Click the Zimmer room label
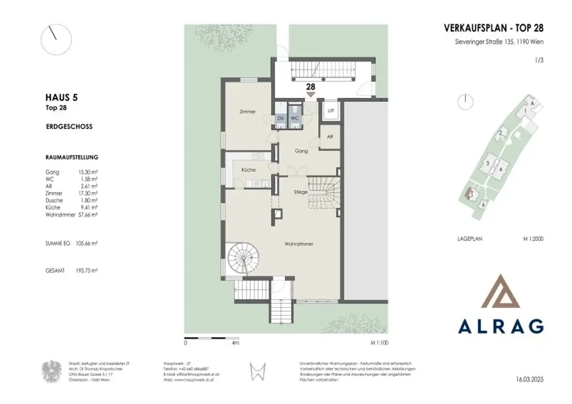tap(247, 112)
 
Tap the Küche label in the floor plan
tap(249, 170)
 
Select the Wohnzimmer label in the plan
tap(298, 244)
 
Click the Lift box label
tap(331, 110)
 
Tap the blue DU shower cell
tap(280, 118)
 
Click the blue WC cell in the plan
tap(294, 118)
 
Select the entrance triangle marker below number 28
tap(311, 94)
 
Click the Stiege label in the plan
tap(301, 192)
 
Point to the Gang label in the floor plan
tap(301, 151)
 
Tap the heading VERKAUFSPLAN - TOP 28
tap(493, 28)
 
